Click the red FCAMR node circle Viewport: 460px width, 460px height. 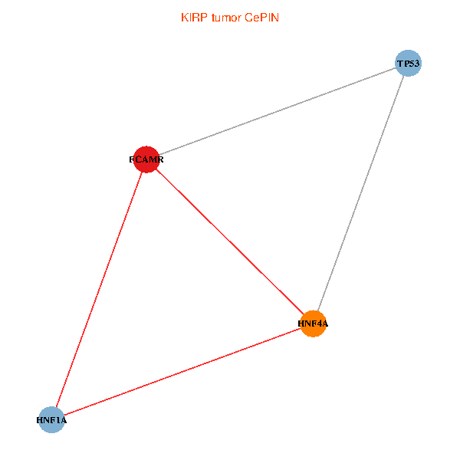click(146, 159)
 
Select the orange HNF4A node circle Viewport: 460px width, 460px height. click(314, 324)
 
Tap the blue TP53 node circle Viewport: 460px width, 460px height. click(409, 63)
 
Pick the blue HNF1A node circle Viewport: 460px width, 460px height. click(51, 420)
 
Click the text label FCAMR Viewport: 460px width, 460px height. click(146, 160)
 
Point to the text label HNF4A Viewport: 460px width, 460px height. click(313, 324)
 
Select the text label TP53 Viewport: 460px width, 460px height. click(408, 64)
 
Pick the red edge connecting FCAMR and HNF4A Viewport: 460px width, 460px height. click(229, 242)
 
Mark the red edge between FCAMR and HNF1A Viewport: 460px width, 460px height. click(98, 290)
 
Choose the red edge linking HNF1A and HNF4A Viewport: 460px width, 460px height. click(182, 372)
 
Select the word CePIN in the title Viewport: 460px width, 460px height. click(262, 17)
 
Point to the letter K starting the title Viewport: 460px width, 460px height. click(184, 17)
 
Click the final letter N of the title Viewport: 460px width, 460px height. click(275, 17)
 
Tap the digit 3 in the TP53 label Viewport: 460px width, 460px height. click(416, 64)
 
